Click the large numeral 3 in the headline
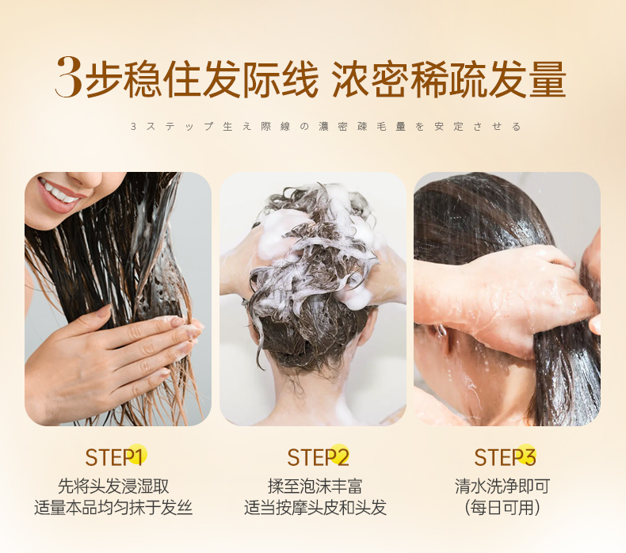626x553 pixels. pyautogui.click(x=69, y=77)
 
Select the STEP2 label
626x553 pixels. pyautogui.click(x=319, y=457)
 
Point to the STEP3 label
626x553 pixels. pyautogui.click(x=505, y=457)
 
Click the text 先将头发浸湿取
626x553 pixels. pyautogui.click(x=113, y=486)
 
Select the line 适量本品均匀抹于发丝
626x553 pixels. pyautogui.click(x=113, y=508)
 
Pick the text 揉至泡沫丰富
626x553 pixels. pyautogui.click(x=315, y=486)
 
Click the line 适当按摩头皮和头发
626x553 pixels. pyautogui.click(x=315, y=508)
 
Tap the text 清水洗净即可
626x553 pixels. pyautogui.click(x=502, y=486)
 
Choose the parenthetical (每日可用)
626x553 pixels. pyautogui.click(x=502, y=508)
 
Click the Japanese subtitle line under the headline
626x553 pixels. pyautogui.click(x=326, y=127)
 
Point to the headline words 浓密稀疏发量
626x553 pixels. pyautogui.click(x=449, y=78)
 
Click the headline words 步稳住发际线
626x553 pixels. pyautogui.click(x=201, y=78)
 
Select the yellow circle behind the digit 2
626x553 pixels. pyautogui.click(x=340, y=455)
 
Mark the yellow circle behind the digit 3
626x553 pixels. pyautogui.click(x=526, y=455)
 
